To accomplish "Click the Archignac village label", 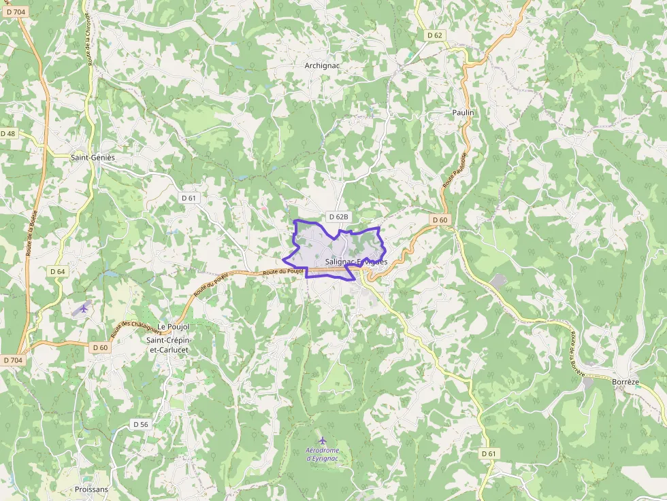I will pos(322,66).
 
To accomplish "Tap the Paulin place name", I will pos(463,112).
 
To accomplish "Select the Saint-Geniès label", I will pos(93,157).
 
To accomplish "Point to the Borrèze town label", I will pos(625,382).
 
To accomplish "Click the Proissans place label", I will pos(91,489).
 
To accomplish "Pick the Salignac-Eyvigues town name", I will pos(356,262).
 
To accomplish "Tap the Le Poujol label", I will pos(172,326).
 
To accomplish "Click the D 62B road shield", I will pos(338,217).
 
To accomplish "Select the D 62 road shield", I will pos(435,35).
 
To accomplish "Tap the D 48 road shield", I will pos(8,134).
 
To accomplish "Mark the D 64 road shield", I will pos(58,271).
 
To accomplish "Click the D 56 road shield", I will pos(140,424).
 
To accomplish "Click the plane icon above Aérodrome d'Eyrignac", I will pos(323,440).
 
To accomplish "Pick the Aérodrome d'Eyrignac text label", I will pos(323,455).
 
